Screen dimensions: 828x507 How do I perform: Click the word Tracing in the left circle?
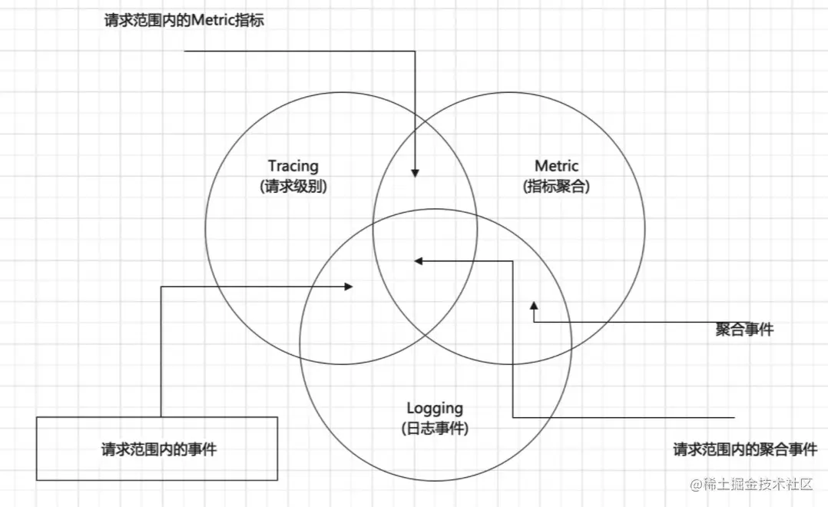293,166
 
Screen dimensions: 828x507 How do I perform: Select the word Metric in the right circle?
556,166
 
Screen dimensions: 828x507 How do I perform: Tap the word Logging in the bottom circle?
435,409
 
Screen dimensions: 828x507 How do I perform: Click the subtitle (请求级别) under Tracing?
293,186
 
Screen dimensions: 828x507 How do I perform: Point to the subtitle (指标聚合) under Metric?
556,186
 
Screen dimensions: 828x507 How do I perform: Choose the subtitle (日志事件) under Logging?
435,429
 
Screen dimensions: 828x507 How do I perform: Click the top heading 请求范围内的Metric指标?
184,21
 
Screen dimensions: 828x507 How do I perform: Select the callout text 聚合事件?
744,330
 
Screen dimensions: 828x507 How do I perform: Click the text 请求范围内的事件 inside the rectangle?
158,449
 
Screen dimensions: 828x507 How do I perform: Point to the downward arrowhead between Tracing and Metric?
416,171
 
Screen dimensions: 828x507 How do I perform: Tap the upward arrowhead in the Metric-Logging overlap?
534,307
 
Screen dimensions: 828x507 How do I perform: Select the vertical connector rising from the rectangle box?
161,353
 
